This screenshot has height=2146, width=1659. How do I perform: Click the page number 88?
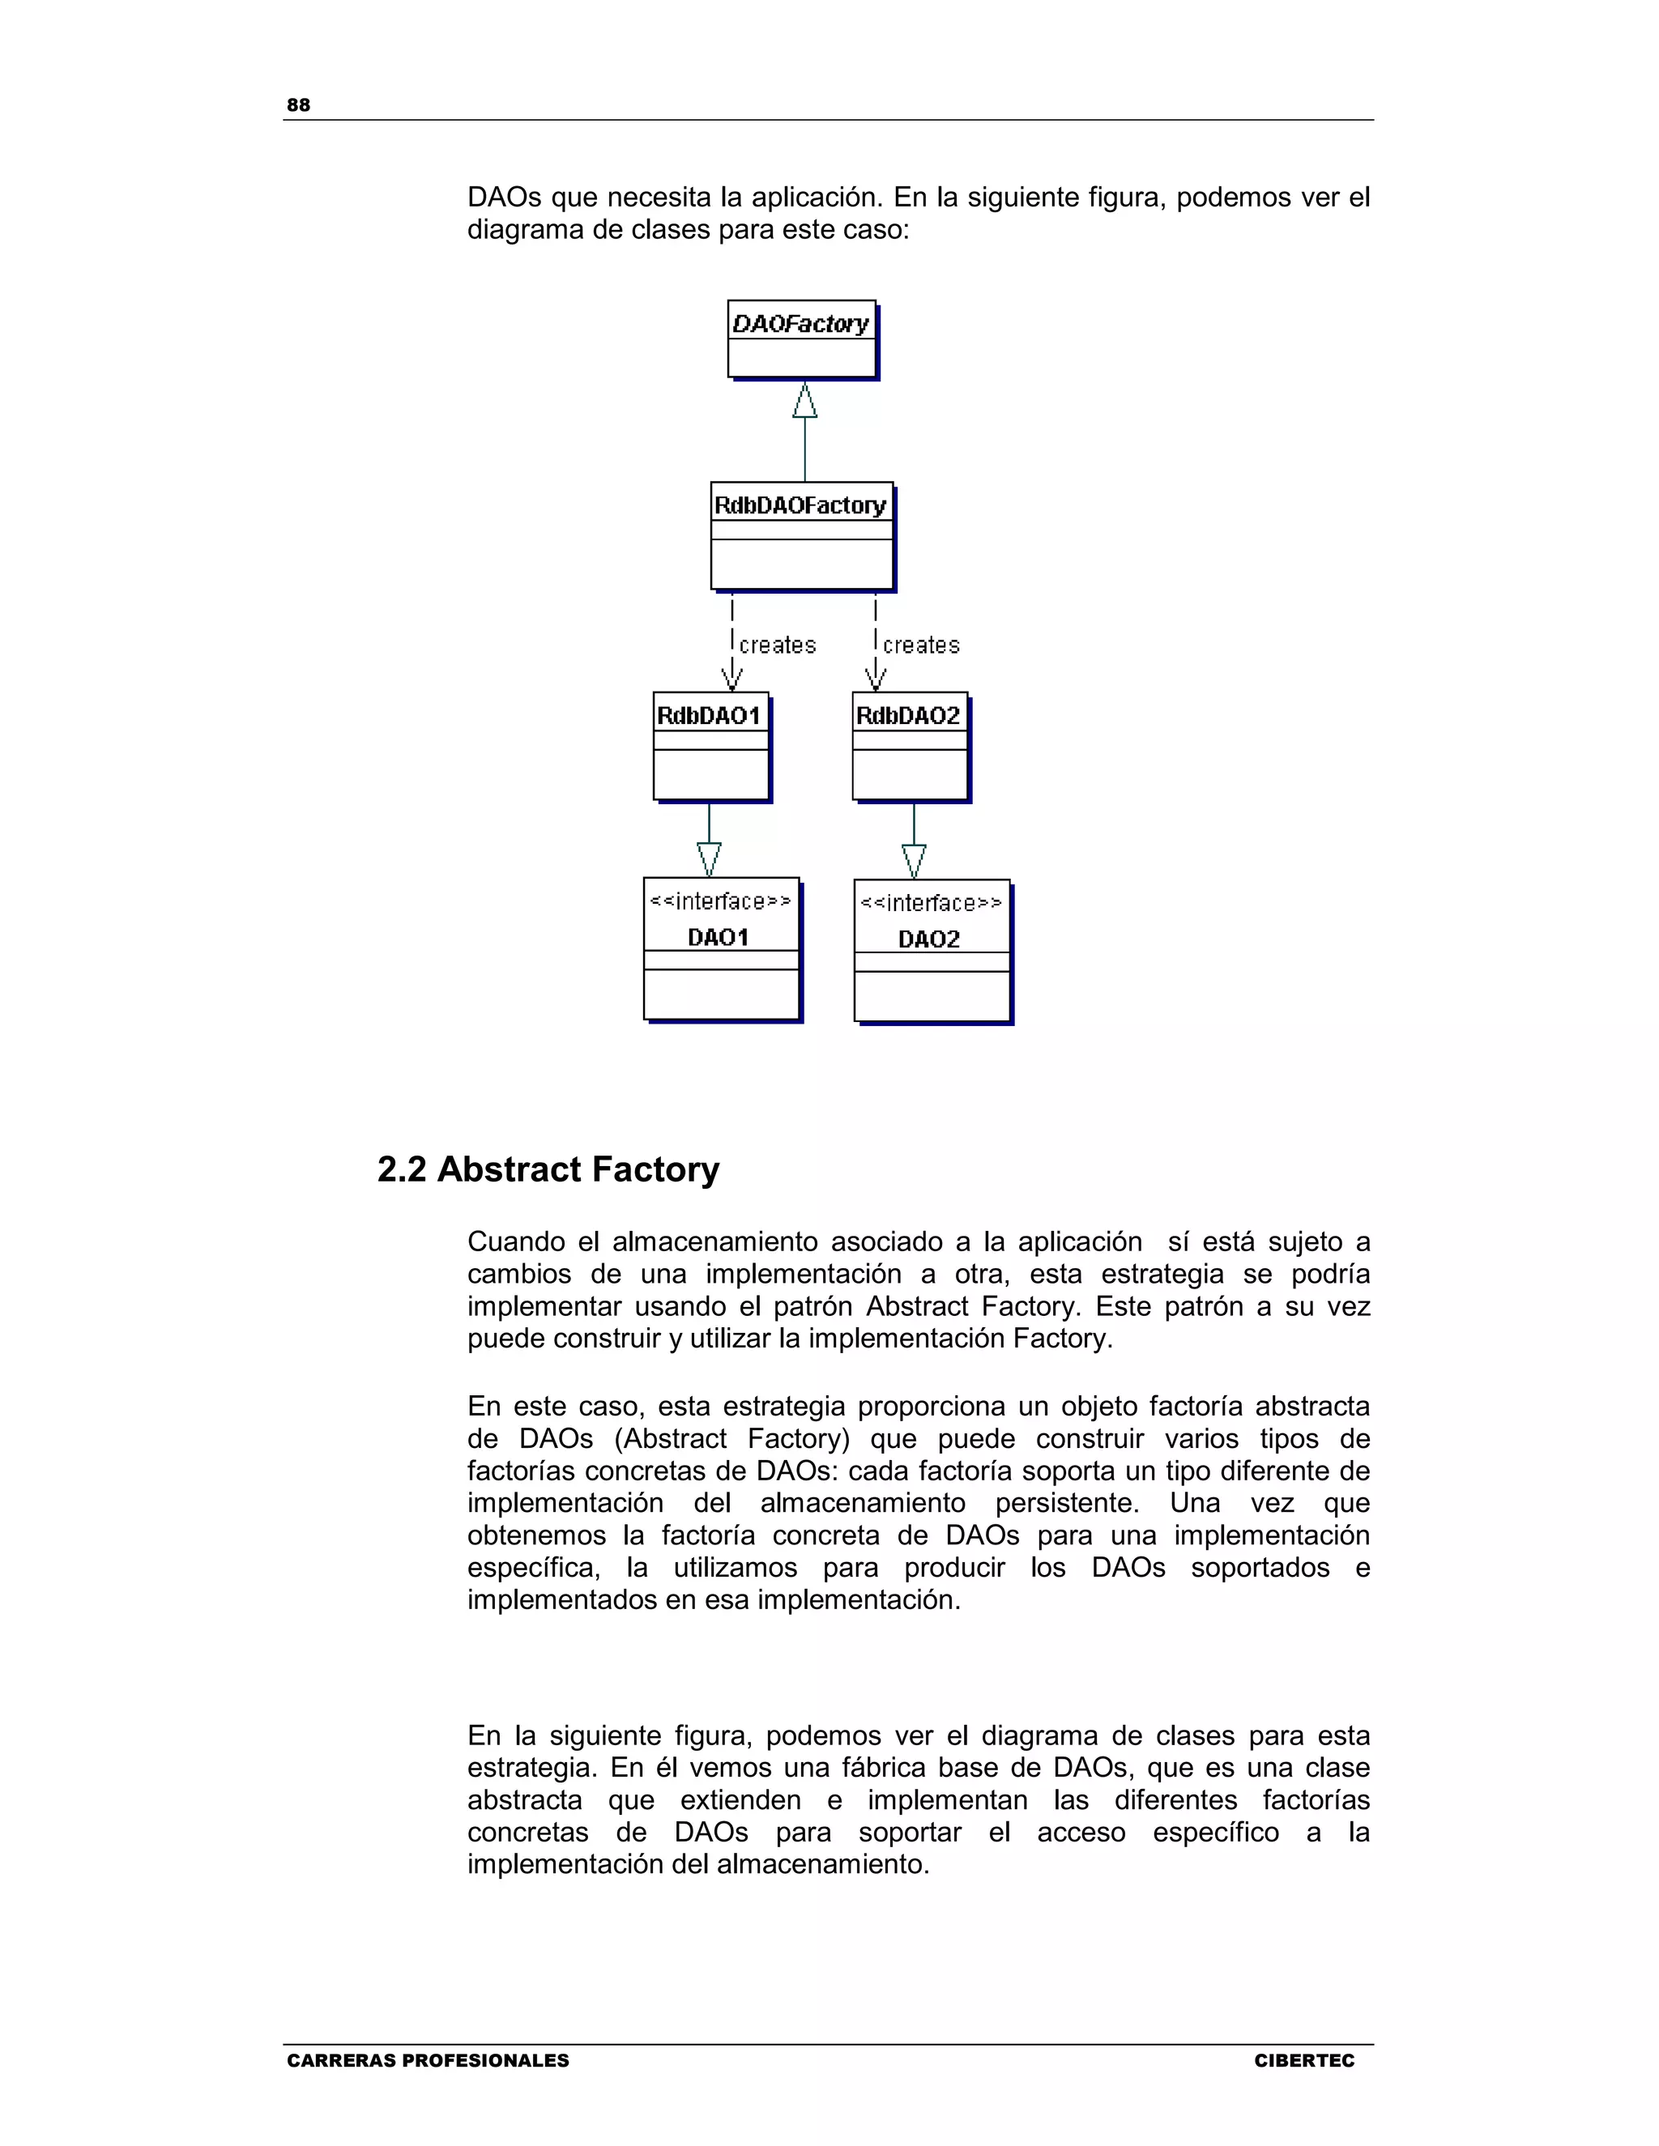tap(298, 105)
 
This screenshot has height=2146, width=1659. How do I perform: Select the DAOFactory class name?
tap(801, 323)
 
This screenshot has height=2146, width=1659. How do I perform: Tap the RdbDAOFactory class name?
tap(800, 505)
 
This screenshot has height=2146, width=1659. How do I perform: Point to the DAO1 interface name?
tap(719, 938)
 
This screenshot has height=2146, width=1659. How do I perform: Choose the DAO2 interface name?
tap(929, 939)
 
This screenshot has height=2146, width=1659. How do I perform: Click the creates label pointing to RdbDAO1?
tap(778, 645)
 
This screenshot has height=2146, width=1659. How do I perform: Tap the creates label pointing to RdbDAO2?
tap(921, 645)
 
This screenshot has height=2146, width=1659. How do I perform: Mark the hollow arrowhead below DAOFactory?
tap(805, 400)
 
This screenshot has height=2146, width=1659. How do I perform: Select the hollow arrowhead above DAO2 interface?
tap(914, 861)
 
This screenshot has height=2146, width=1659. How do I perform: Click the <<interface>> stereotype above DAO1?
tap(720, 902)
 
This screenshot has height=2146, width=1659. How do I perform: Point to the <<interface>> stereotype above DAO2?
tap(931, 904)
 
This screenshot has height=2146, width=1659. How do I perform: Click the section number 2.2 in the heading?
tap(401, 1169)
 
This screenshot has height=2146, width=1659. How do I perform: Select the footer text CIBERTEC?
tap(1304, 2060)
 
